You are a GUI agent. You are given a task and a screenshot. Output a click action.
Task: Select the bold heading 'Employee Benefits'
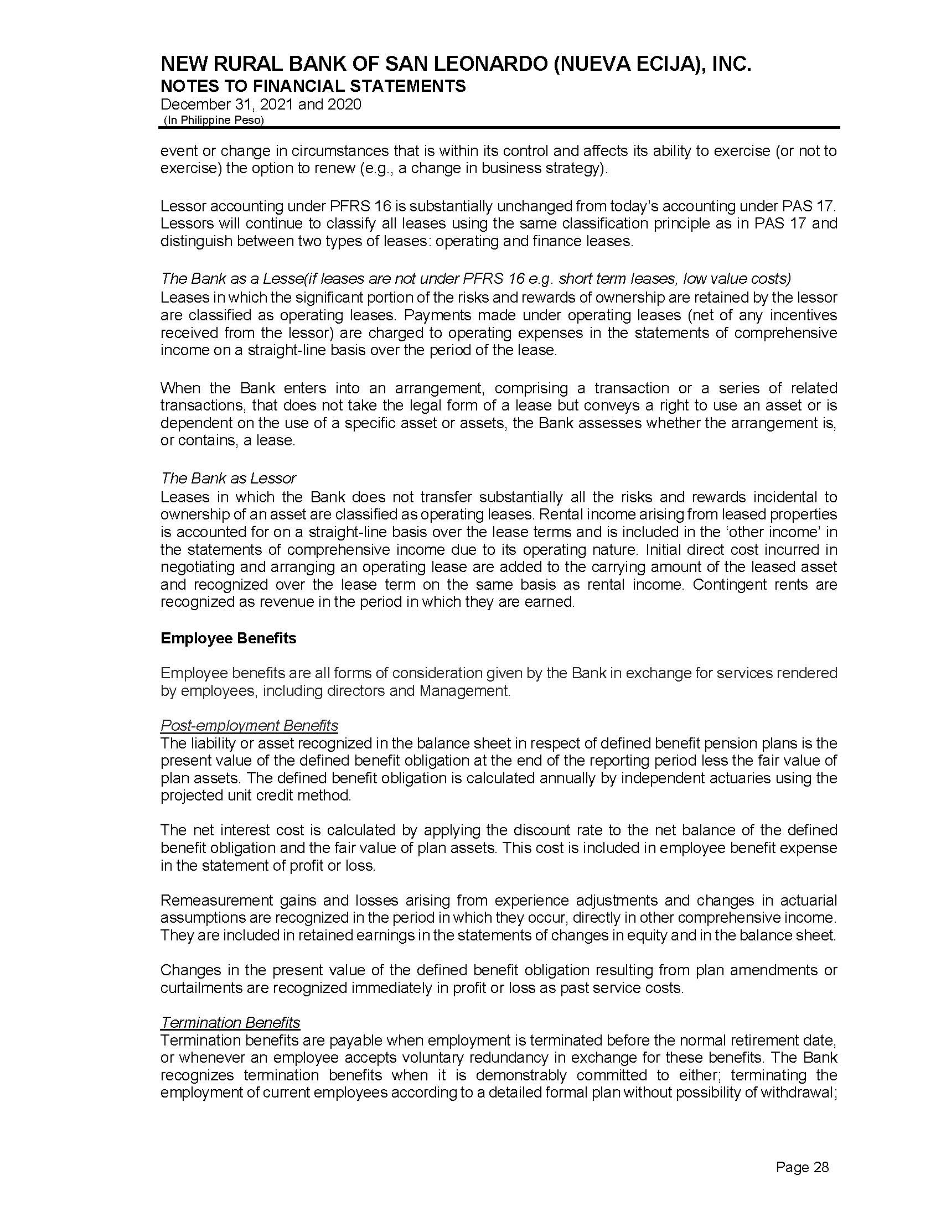(x=228, y=638)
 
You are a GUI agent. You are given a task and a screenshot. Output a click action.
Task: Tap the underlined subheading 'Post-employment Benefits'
(x=249, y=726)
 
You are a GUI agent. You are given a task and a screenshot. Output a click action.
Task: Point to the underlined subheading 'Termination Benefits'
(x=230, y=1022)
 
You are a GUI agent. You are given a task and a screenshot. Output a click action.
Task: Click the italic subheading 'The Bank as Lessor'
(x=228, y=478)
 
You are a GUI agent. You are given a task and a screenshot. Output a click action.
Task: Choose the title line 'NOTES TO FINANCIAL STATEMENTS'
(x=313, y=86)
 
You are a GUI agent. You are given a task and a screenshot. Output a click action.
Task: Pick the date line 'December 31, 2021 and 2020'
(x=261, y=104)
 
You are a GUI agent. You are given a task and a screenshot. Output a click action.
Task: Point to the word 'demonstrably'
(x=521, y=1075)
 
